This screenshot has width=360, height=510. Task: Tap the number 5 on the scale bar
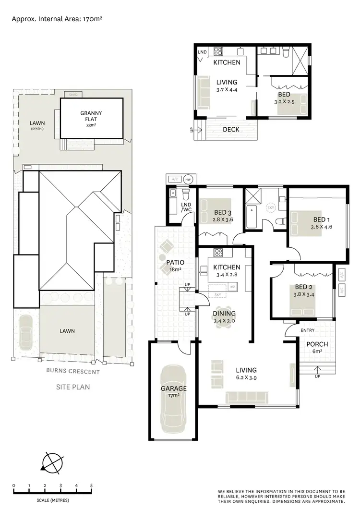[x=91, y=486]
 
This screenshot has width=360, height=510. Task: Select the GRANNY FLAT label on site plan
[x=91, y=116]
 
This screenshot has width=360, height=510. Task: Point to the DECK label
[x=232, y=129]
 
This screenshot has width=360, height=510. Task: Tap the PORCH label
[x=317, y=344]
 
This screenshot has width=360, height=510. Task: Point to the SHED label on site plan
[x=73, y=95]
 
